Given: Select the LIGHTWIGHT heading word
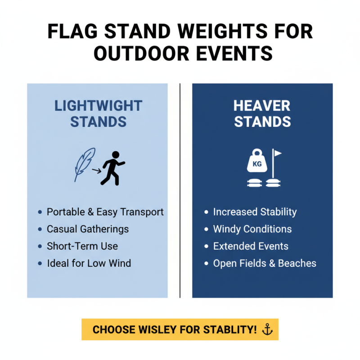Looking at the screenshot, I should pos(98,106).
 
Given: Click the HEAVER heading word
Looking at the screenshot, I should pos(262,106).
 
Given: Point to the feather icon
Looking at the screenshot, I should pos(85,164).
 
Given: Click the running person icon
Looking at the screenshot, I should pos(112,168).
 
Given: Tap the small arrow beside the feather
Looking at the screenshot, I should pos(96,171).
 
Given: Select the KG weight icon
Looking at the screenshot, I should pos(257,164).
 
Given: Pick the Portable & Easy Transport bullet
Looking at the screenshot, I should pos(105,212).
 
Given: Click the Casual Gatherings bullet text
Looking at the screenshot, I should pos(88,229).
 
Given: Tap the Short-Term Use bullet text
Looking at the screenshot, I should pos(82,246).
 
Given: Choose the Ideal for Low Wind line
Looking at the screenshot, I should pos(89,263).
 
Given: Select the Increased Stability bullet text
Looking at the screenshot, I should pos(255,212).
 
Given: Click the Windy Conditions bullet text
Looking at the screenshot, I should pos(252,229).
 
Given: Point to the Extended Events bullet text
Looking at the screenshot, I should pos(251,246).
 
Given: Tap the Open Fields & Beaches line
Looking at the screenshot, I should pos(265,263).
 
